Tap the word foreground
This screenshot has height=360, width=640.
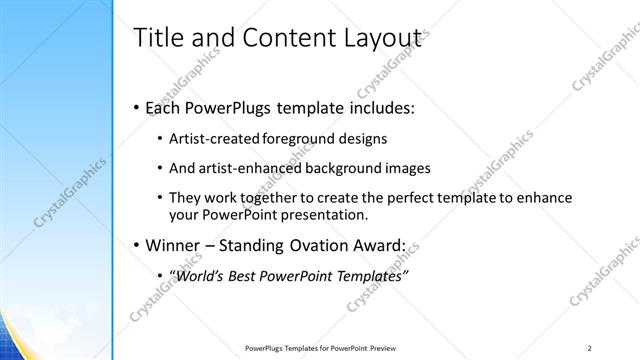click(x=304, y=138)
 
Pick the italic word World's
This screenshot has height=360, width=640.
click(x=205, y=275)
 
